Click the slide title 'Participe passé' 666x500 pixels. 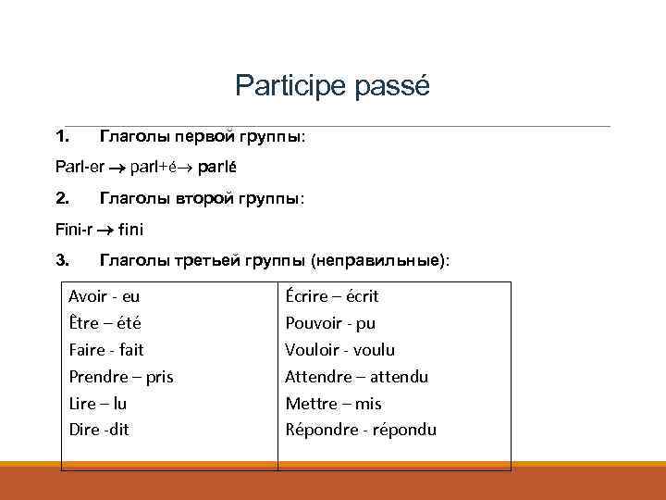click(332, 86)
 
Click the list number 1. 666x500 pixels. click(61, 137)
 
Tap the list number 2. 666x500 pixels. click(61, 198)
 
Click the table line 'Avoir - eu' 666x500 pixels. click(105, 296)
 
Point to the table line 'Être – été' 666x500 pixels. click(105, 323)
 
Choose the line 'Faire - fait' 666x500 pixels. click(106, 350)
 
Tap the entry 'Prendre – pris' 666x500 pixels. click(121, 377)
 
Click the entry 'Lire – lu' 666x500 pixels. click(97, 404)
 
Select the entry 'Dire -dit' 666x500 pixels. click(99, 430)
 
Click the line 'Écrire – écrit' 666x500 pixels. click(332, 296)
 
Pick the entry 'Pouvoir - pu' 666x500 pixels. click(330, 323)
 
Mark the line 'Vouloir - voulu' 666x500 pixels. click(339, 350)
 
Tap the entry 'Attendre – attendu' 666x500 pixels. click(356, 377)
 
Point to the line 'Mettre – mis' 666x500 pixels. click(333, 404)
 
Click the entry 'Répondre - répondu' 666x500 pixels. click(361, 430)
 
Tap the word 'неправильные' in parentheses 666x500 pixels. click(377, 261)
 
